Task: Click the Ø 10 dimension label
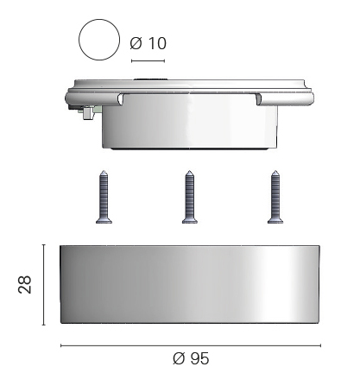148,43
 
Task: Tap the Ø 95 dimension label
191,358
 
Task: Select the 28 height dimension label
25,285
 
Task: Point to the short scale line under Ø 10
148,60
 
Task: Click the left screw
104,197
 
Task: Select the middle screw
190,197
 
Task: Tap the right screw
275,197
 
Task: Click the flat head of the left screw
104,221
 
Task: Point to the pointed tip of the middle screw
189,171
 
